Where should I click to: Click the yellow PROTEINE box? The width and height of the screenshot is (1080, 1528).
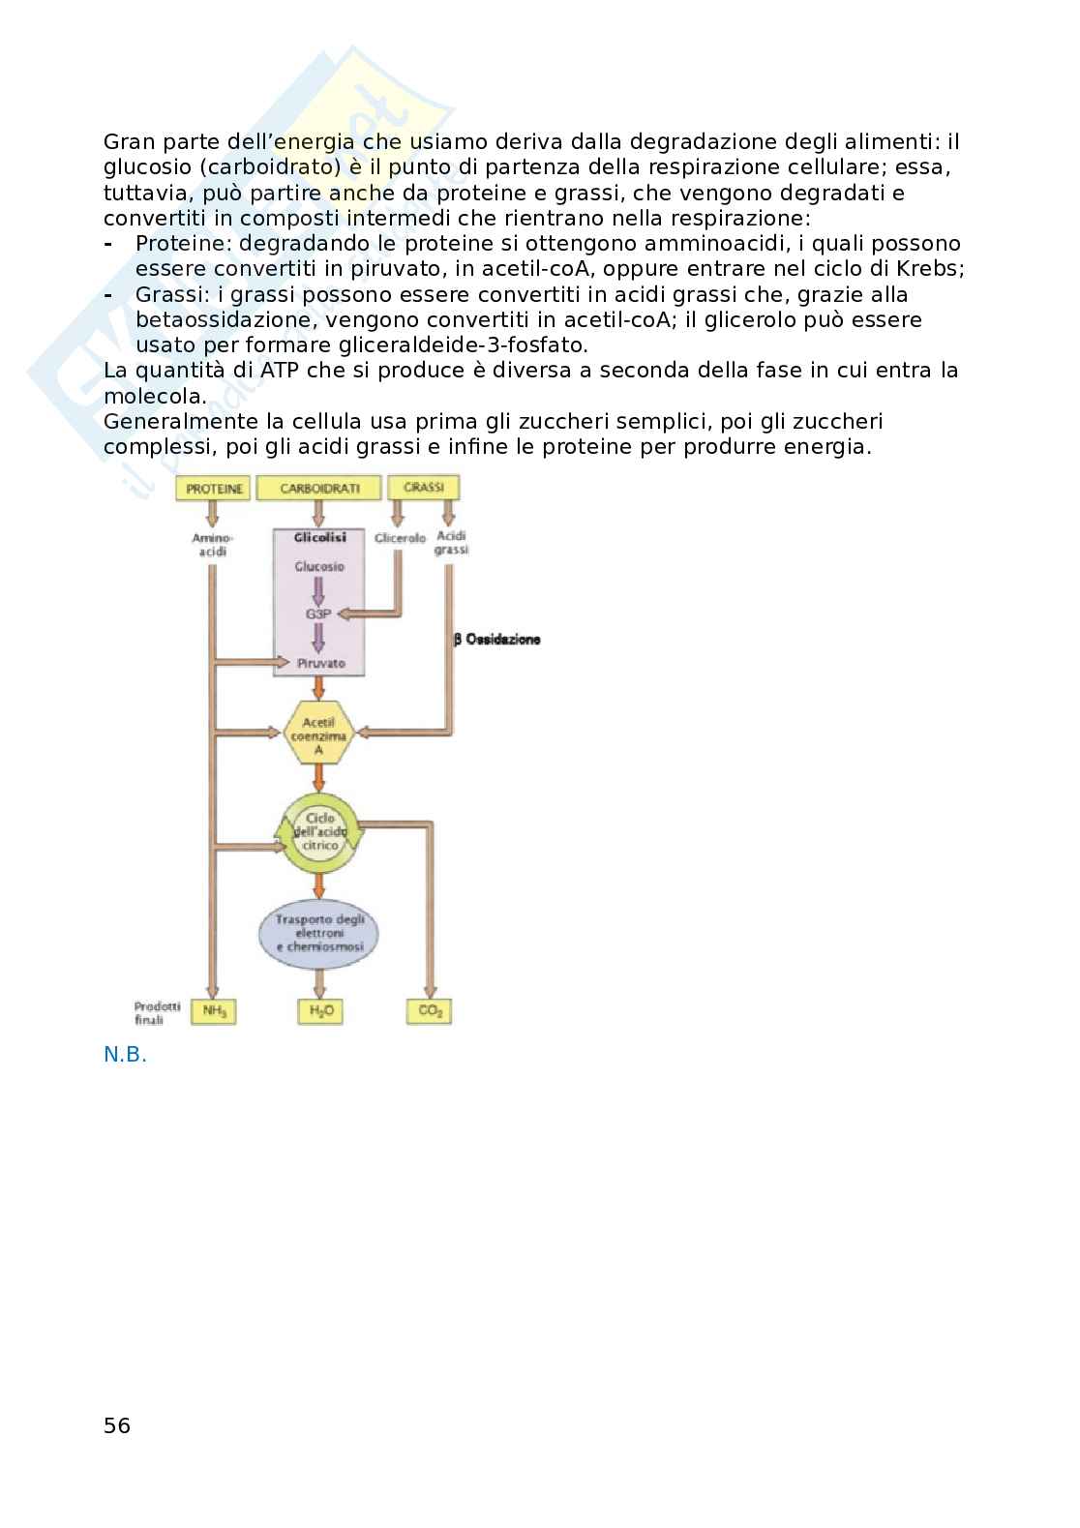pyautogui.click(x=214, y=489)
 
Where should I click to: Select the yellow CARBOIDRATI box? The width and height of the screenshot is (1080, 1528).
pyautogui.click(x=319, y=489)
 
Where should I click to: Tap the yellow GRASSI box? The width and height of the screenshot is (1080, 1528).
pyautogui.click(x=423, y=488)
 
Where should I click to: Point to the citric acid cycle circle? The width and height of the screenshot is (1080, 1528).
pyautogui.click(x=319, y=831)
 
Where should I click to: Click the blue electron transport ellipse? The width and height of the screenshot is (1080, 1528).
pyautogui.click(x=318, y=933)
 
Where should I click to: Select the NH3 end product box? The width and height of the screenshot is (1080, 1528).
pyautogui.click(x=214, y=1012)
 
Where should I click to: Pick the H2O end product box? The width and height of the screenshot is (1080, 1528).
pyautogui.click(x=320, y=1012)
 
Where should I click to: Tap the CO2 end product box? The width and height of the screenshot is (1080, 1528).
pyautogui.click(x=429, y=1012)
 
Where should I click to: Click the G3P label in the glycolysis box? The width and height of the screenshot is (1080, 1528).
pyautogui.click(x=319, y=614)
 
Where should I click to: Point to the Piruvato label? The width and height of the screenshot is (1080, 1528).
pyautogui.click(x=320, y=664)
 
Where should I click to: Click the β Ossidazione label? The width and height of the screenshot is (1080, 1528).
pyautogui.click(x=497, y=640)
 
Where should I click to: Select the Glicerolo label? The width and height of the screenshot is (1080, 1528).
pyautogui.click(x=400, y=538)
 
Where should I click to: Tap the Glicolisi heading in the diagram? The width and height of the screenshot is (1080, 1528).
pyautogui.click(x=319, y=537)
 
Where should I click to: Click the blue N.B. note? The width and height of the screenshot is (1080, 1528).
pyautogui.click(x=125, y=1055)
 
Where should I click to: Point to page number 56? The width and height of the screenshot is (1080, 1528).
pyautogui.click(x=117, y=1425)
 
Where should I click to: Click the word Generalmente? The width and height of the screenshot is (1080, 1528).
pyautogui.click(x=177, y=422)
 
